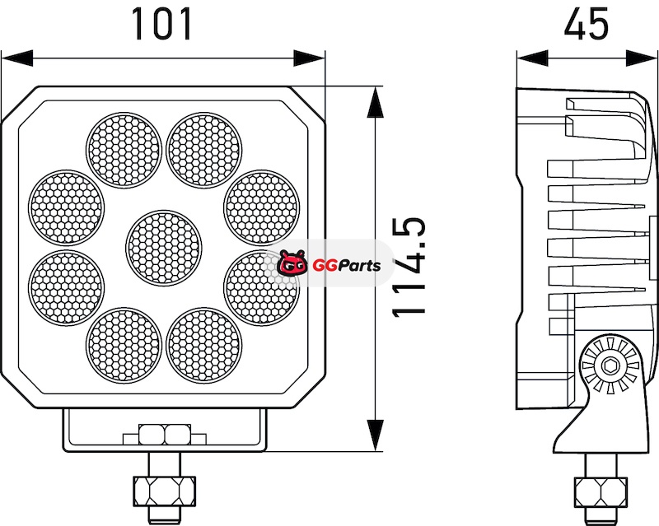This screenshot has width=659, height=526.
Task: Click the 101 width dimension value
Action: coord(162,25)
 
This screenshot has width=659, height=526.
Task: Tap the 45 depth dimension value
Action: coord(586,24)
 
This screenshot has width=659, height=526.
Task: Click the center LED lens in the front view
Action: coord(163,246)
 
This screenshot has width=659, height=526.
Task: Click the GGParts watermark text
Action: coord(347,266)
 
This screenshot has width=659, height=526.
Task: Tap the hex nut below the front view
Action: coord(164,491)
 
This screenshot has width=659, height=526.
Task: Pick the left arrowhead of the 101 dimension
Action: coord(17,58)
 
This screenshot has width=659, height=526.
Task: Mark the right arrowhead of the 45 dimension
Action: coord(642,58)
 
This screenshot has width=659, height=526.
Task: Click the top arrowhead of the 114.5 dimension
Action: coord(375,102)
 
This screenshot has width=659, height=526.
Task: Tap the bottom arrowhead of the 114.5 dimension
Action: coord(375,435)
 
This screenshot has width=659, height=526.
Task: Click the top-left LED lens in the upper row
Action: coord(124,150)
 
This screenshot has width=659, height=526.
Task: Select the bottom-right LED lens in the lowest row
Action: coord(204,344)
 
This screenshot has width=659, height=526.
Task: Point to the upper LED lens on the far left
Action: coord(67,207)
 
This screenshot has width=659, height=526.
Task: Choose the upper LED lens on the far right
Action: coord(262,207)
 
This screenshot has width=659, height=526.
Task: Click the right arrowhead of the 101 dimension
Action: coord(309,58)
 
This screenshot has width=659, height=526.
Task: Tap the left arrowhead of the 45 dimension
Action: coord(533,58)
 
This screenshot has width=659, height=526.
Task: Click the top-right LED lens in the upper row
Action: coord(204,150)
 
